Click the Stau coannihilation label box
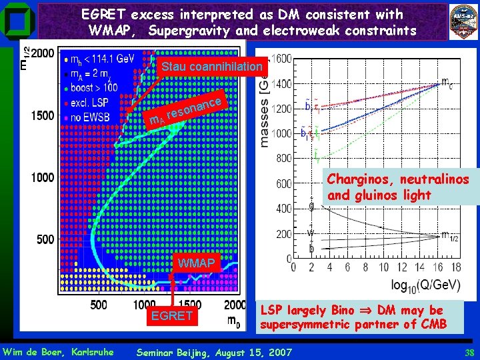point(213,67)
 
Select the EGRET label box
point(172,315)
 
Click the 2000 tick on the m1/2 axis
point(43,53)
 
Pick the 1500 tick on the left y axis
point(43,115)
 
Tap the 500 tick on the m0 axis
point(98,305)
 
